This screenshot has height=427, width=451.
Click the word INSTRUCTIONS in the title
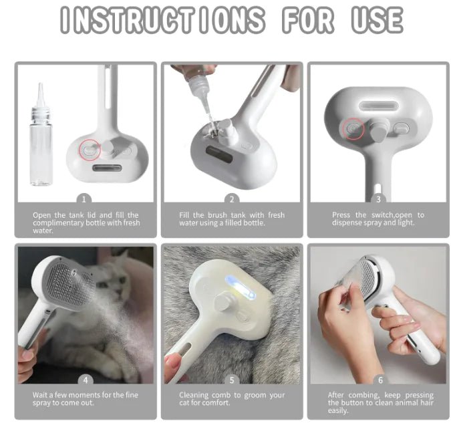pyautogui.click(x=160, y=20)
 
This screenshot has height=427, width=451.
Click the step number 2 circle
pyautogui.click(x=232, y=198)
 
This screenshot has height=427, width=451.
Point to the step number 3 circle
pyautogui.click(x=378, y=198)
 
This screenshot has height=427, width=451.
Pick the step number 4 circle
pyautogui.click(x=85, y=380)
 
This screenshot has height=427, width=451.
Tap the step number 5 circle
pyautogui.click(x=232, y=380)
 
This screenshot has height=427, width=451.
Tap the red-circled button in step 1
pyautogui.click(x=89, y=150)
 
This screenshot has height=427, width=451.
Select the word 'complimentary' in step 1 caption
pyautogui.click(x=59, y=223)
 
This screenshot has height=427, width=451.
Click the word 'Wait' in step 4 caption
pyautogui.click(x=41, y=396)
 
